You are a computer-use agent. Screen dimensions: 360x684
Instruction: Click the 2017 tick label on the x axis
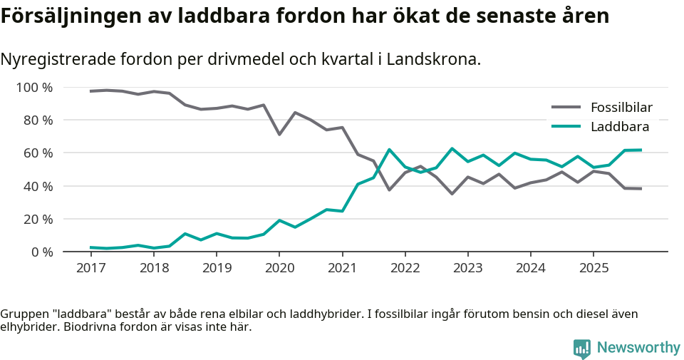pos(90,268)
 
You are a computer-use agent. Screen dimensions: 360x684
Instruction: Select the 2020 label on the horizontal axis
pos(279,268)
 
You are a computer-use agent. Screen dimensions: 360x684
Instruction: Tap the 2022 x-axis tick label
pos(405,268)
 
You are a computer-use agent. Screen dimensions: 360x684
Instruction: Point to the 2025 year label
pos(594,268)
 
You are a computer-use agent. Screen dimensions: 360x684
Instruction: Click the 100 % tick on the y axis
pos(34,88)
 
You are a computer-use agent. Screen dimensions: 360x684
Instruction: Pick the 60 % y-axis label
pos(37,153)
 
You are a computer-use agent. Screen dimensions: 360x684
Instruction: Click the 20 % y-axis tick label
pos(37,219)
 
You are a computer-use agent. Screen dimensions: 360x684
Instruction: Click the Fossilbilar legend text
pos(621,108)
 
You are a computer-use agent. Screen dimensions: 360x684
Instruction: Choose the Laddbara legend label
pos(619,127)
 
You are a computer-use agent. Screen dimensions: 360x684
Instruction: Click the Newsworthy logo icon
pos(582,349)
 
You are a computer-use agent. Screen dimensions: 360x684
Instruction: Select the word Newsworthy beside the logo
pos(638,348)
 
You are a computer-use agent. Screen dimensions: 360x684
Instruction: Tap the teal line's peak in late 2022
pos(452,148)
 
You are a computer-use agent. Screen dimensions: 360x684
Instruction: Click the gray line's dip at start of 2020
pos(279,134)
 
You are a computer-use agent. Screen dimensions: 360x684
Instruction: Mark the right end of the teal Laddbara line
pos(641,150)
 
